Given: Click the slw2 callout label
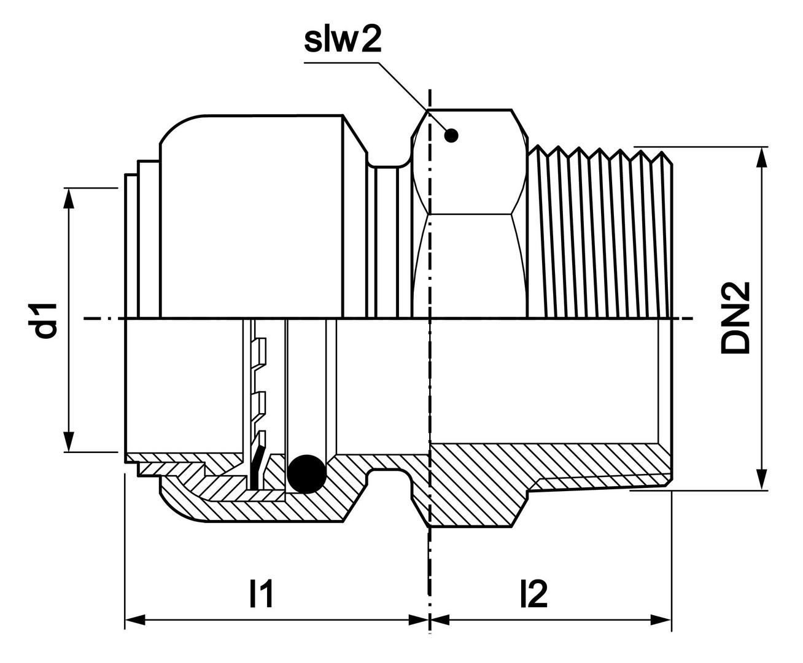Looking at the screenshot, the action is click(343, 41).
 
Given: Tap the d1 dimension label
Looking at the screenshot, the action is click(46, 320).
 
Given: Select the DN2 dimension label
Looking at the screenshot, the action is click(735, 317).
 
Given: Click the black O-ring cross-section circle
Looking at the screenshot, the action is click(306, 474).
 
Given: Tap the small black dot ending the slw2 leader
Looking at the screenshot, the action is click(451, 136).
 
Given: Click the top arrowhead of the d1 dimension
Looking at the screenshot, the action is click(69, 198).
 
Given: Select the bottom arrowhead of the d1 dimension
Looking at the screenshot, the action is click(69, 442).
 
